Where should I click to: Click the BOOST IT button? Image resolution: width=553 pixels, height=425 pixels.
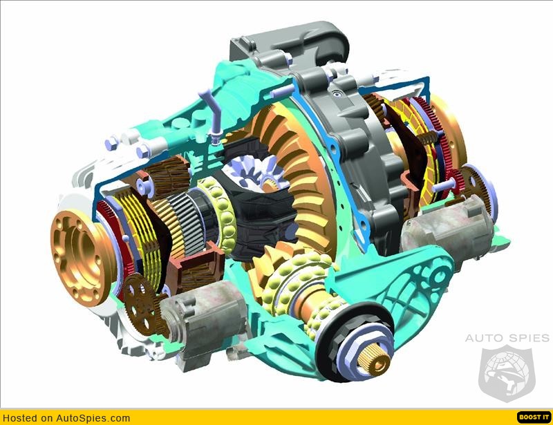(534, 417)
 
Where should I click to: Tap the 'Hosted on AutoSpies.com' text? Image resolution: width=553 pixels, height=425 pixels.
(66, 418)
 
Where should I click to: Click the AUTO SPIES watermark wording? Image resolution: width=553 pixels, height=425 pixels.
(507, 338)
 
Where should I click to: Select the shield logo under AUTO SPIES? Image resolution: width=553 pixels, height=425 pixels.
(507, 374)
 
